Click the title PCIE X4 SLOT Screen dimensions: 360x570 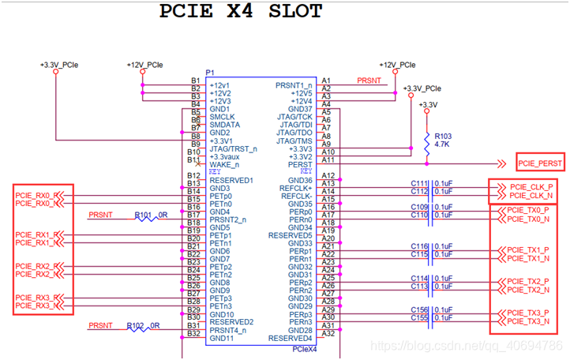click(241, 11)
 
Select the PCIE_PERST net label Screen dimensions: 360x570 click(541, 163)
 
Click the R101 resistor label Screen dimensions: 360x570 click(143, 215)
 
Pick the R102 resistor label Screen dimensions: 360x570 click(143, 325)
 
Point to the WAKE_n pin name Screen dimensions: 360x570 click(225, 164)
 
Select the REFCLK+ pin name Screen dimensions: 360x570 click(295, 188)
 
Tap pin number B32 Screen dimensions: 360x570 click(193, 333)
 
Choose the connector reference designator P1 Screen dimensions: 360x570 click(210, 73)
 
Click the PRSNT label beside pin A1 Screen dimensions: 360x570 click(369, 81)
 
